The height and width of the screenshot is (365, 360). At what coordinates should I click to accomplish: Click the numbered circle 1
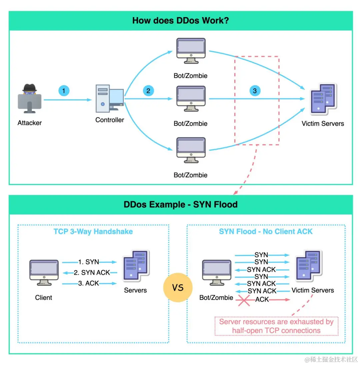point(64,91)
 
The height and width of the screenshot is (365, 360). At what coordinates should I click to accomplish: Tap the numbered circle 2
point(148,91)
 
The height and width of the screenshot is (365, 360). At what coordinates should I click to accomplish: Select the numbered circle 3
point(255,91)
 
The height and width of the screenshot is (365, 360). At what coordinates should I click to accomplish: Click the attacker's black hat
point(30,87)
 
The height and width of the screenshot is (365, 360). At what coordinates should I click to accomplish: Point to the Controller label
point(110,120)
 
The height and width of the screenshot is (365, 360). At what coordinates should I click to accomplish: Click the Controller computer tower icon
point(103,98)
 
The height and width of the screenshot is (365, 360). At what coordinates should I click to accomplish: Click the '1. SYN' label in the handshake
point(89,262)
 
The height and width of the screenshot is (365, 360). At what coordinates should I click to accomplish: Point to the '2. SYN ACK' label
point(92,273)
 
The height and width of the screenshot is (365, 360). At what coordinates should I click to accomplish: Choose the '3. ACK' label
point(89,283)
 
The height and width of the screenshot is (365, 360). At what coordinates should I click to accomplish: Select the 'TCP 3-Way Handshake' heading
point(93,232)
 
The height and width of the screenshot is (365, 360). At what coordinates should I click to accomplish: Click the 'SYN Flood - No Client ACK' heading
point(266,232)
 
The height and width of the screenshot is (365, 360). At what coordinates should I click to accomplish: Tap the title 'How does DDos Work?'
point(180,20)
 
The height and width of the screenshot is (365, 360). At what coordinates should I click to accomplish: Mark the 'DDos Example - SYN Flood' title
point(180,204)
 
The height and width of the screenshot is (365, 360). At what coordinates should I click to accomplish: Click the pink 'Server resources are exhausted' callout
point(276,326)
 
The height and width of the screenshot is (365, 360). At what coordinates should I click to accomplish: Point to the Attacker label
point(30,123)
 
